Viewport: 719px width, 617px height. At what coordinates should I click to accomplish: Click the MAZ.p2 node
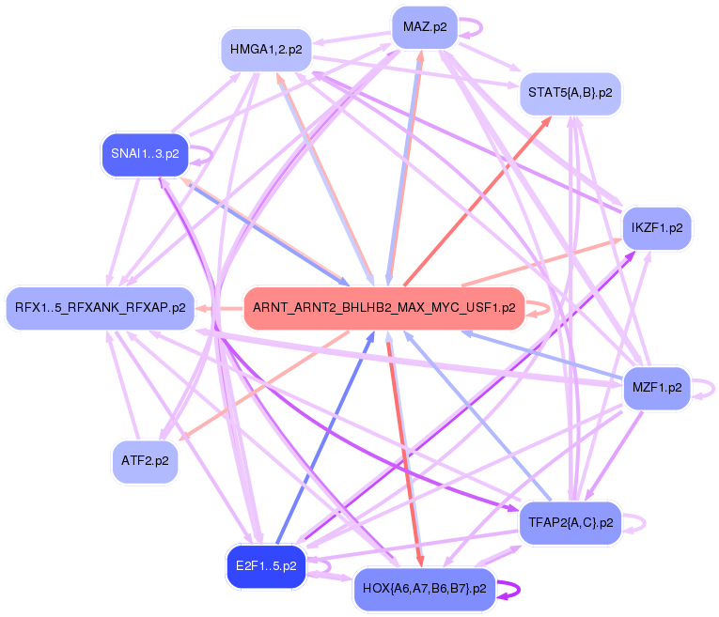[x=424, y=26]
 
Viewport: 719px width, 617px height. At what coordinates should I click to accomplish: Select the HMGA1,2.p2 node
[x=266, y=50]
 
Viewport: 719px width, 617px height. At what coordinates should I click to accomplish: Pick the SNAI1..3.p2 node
[x=145, y=154]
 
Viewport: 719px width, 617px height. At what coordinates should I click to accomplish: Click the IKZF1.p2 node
[x=657, y=228]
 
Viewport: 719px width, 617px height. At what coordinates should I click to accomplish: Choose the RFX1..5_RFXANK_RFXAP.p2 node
[x=99, y=307]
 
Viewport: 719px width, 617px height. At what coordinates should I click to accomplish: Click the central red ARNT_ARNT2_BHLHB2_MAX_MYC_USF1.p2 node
[x=383, y=307]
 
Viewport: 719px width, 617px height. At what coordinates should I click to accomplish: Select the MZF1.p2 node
[x=657, y=386]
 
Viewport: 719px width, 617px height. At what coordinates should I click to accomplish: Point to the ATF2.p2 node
[x=145, y=461]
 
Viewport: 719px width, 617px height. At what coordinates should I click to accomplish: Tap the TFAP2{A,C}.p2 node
[x=570, y=522]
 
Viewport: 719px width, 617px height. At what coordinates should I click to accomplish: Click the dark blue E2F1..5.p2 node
[x=266, y=566]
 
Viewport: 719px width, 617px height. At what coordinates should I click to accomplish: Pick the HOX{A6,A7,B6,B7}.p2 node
[x=424, y=590]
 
